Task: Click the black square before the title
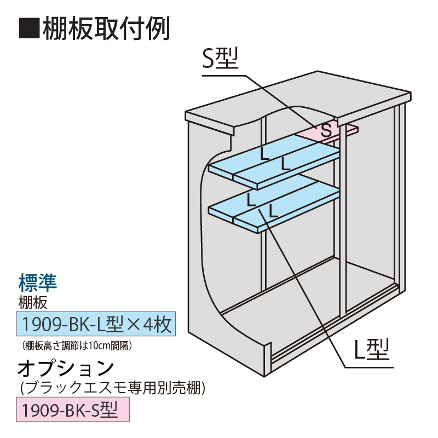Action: coord(29,28)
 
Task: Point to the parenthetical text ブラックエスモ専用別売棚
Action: coord(112,388)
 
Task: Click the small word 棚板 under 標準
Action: coord(33,301)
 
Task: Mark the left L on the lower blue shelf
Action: coord(251,199)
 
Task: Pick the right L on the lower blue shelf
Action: coord(273,210)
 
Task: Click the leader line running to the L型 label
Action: coord(307,290)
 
